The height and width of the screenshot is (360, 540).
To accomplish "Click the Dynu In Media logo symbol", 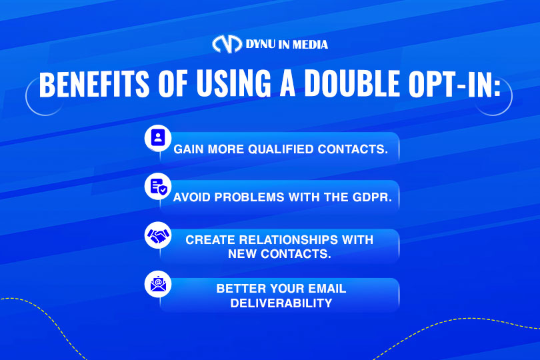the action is (227, 44).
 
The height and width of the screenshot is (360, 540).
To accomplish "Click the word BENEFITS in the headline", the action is (94, 84).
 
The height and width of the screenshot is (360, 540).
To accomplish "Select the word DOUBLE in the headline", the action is (352, 84).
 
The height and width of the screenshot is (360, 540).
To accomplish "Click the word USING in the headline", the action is (234, 84).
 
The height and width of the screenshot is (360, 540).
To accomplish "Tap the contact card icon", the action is (158, 138).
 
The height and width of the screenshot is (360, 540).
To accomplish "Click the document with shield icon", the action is (159, 187).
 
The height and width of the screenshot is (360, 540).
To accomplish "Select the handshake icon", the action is (159, 235).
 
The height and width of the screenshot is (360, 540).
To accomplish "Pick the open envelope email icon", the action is (158, 284).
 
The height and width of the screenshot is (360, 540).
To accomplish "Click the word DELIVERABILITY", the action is (281, 303).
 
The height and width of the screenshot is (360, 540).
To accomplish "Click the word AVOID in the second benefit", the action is (192, 197).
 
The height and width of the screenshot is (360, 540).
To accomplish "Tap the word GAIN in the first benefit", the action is (189, 149).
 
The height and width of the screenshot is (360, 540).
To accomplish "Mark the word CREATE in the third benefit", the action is (210, 240).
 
